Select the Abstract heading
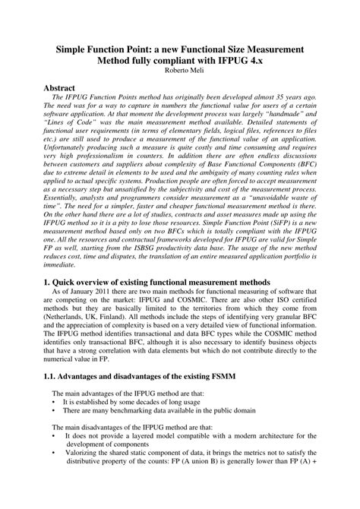tap(64, 88)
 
